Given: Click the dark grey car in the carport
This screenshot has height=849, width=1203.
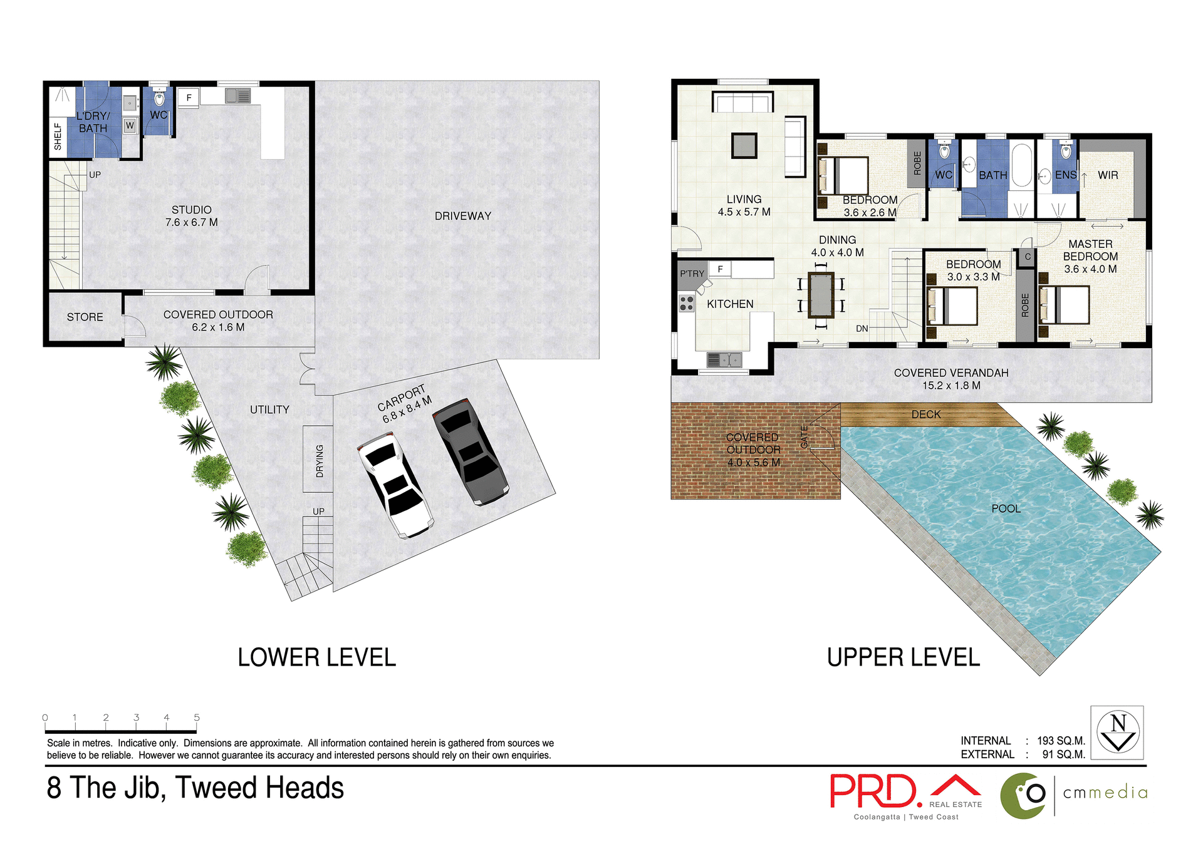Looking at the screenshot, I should (x=470, y=451).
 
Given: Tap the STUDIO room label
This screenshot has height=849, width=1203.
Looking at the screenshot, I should (x=191, y=210).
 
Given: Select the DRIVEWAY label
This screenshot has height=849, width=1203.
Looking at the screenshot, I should (x=462, y=216).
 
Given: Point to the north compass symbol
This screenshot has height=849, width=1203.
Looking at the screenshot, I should (x=1118, y=733).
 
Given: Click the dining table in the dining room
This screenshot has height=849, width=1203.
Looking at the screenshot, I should (x=821, y=295).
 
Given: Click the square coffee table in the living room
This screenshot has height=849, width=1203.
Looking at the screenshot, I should (x=744, y=146).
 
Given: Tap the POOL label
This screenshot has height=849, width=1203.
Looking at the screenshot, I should (x=1006, y=509).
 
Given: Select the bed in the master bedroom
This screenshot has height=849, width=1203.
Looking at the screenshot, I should (x=1065, y=305).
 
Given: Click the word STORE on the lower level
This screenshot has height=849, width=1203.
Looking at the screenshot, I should (x=85, y=317).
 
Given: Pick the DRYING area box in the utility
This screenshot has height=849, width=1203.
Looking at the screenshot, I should (x=318, y=460).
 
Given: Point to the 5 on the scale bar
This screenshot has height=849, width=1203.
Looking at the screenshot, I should (x=197, y=718).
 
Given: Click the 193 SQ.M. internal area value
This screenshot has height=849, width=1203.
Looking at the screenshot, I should (x=1060, y=741).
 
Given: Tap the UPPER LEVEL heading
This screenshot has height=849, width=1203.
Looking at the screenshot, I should (x=903, y=657).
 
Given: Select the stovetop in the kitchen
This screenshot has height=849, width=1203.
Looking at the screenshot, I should (x=687, y=304).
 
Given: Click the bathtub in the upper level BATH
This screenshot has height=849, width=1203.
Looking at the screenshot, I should (x=1022, y=166).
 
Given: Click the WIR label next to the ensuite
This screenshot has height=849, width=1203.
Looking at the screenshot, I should (x=1107, y=175).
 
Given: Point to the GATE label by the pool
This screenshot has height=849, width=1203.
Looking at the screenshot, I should (x=805, y=436).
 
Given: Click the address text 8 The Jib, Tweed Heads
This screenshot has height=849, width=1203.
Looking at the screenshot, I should (x=195, y=788).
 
